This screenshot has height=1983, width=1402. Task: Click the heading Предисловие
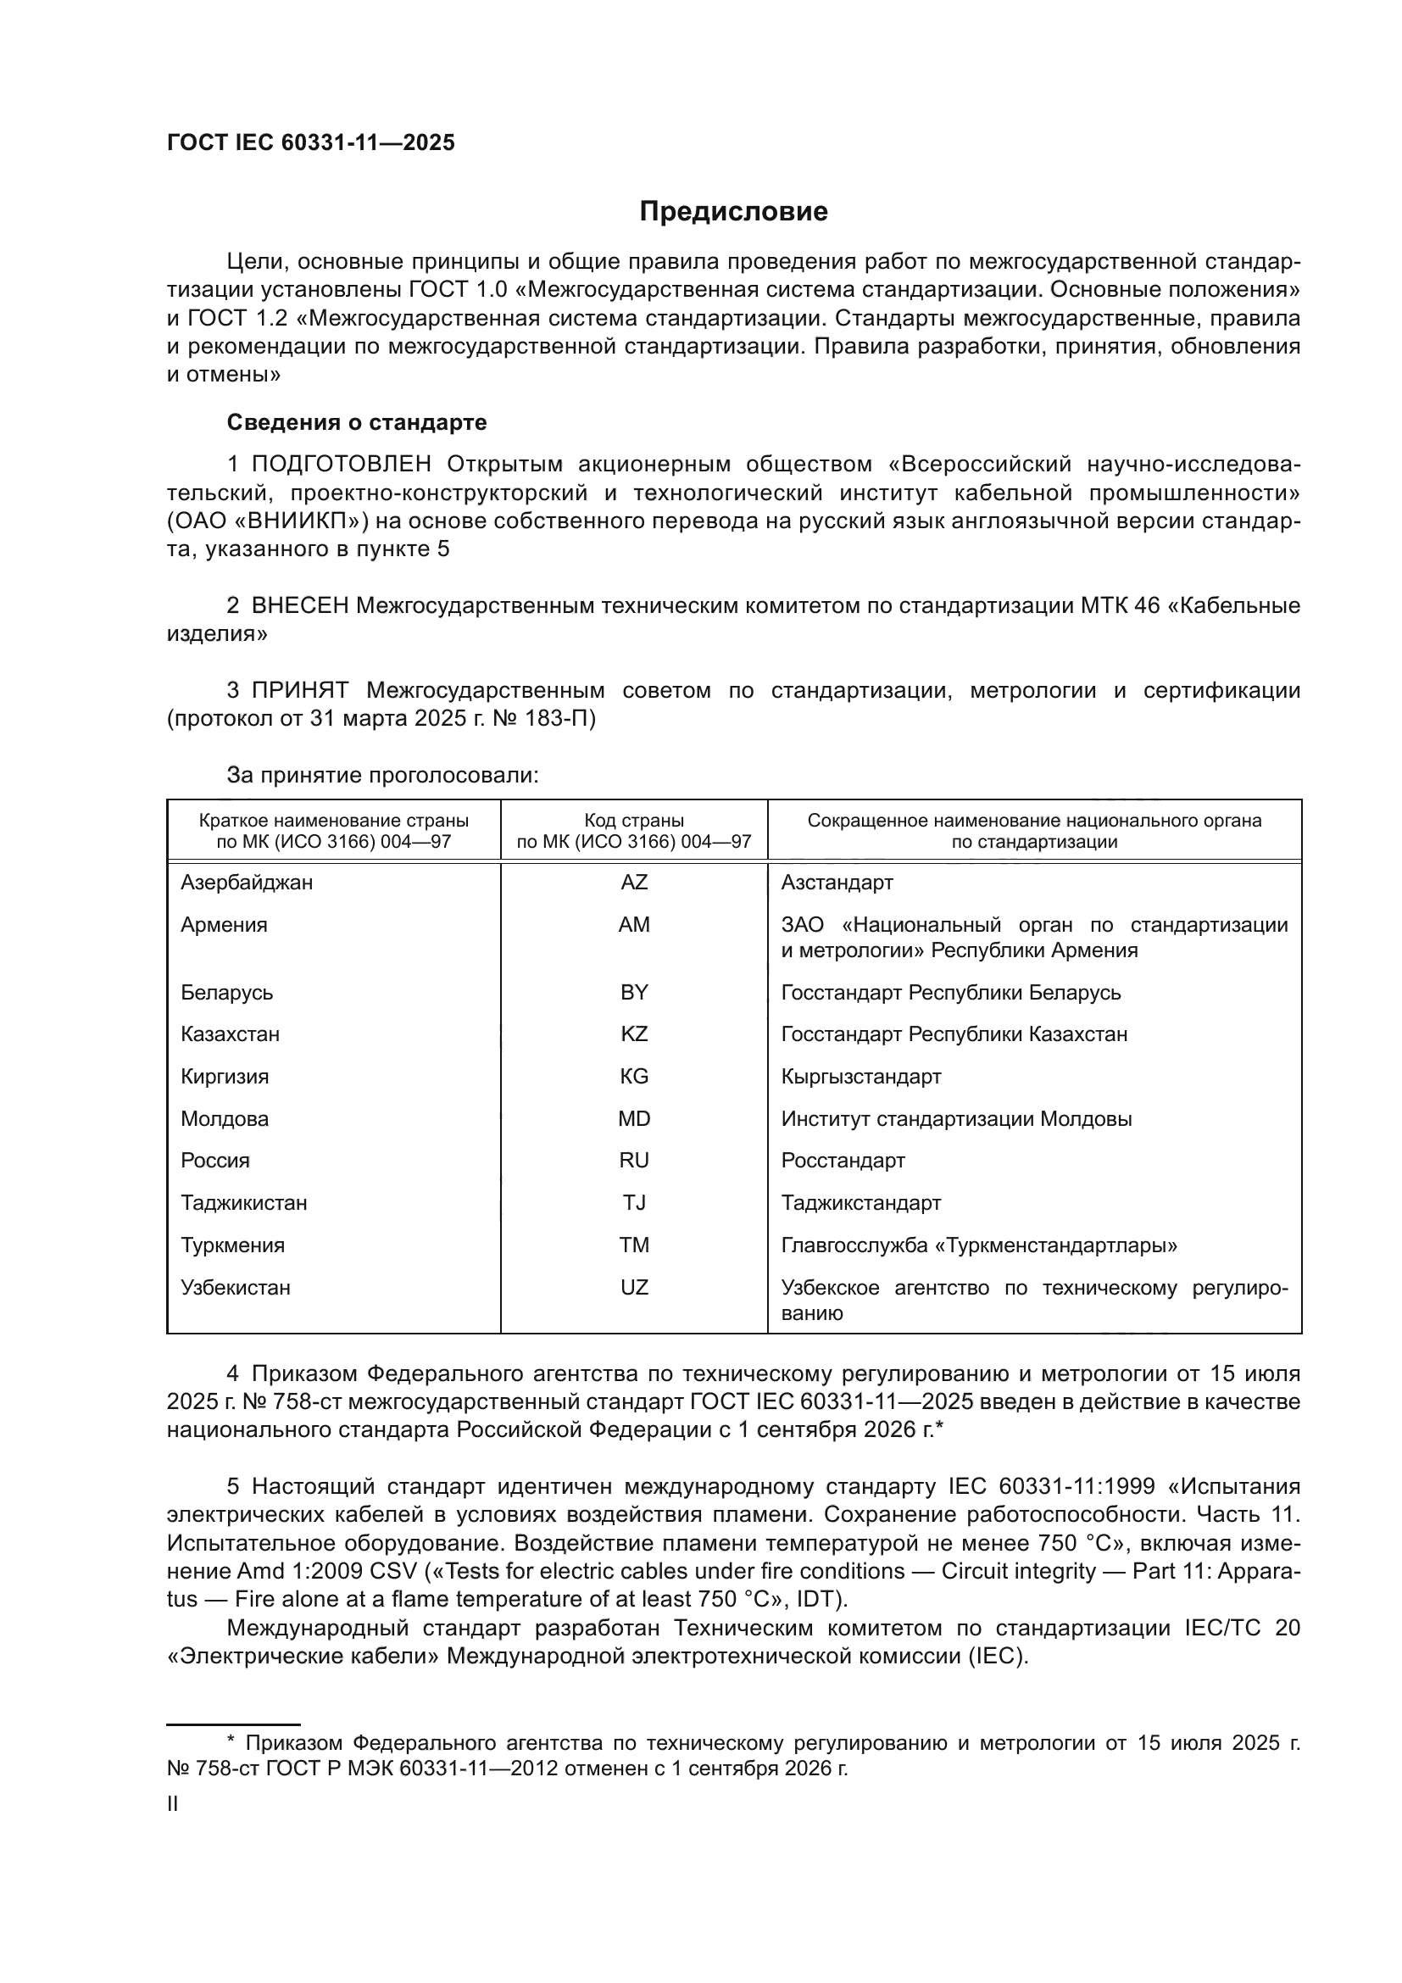point(733,212)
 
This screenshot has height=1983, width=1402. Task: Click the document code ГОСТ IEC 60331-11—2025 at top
point(311,143)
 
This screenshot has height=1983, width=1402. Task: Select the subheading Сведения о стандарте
point(357,422)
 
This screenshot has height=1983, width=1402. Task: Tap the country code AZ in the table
point(634,883)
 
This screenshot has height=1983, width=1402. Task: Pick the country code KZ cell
point(634,1033)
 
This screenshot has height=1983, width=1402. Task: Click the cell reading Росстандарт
point(843,1161)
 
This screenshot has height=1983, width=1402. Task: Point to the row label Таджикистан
point(243,1203)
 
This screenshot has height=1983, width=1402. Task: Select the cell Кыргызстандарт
point(860,1076)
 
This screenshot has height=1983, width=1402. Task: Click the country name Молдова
point(225,1119)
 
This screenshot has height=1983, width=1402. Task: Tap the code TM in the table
point(634,1245)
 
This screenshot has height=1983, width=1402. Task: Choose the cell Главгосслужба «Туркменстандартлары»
point(979,1245)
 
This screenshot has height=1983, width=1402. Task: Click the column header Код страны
point(634,821)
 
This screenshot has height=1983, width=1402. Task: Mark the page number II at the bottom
point(173,1803)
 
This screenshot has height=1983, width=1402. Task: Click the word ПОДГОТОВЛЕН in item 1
point(341,465)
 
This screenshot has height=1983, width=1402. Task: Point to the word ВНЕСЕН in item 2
point(299,605)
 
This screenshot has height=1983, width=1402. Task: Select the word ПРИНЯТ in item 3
point(299,690)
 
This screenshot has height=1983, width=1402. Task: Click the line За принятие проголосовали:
point(382,775)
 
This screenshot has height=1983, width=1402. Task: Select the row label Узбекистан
point(235,1288)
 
